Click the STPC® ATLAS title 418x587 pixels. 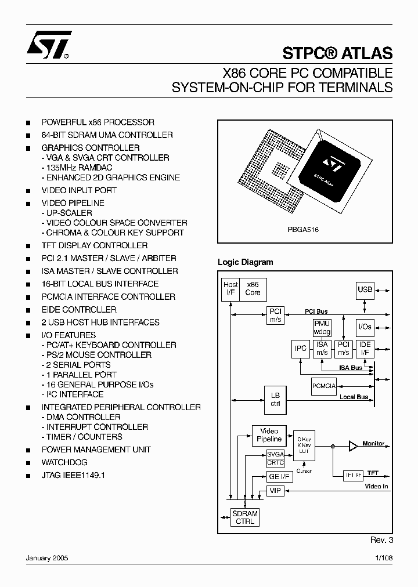338,53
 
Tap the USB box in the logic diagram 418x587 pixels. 365,289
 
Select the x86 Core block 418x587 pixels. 253,288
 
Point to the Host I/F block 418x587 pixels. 230,288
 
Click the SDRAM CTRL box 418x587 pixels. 244,517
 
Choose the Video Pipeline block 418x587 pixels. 268,435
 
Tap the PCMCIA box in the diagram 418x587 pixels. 324,385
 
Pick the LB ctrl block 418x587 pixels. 275,399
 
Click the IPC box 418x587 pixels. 300,349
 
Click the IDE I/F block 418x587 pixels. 365,349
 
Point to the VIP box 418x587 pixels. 275,491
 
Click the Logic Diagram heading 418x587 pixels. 245,262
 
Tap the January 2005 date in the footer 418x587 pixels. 47,557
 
